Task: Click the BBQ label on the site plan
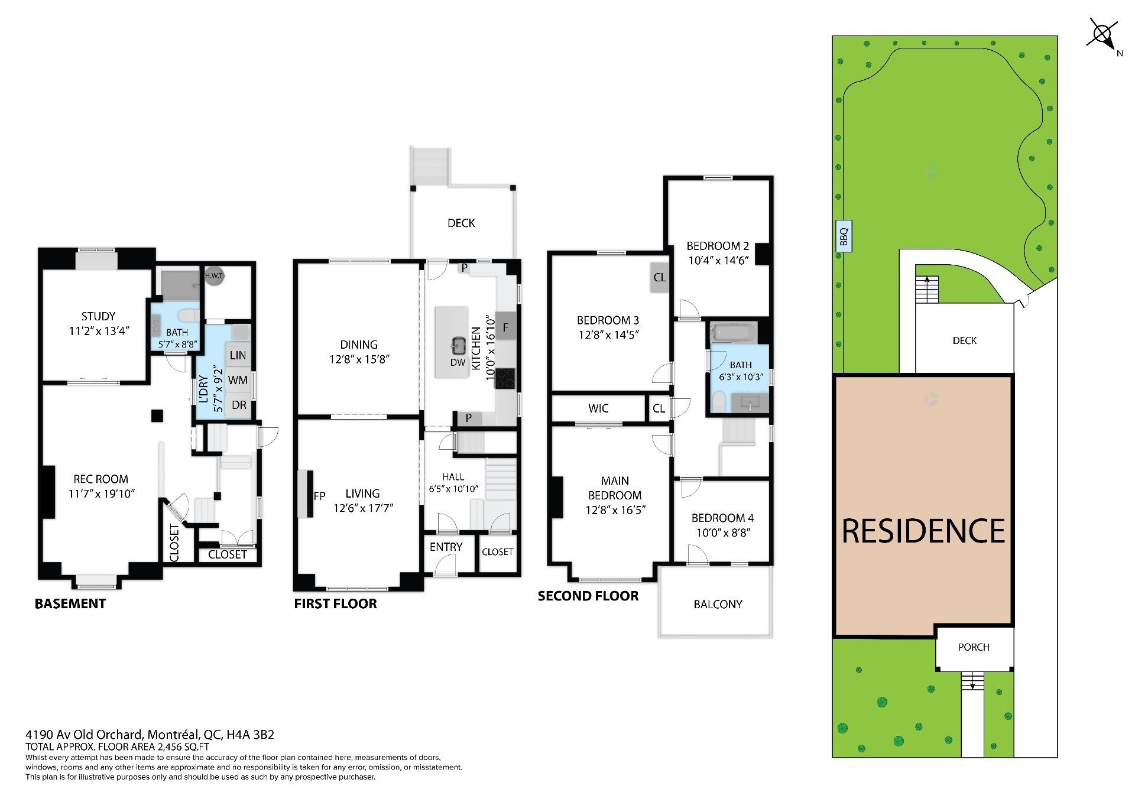(x=844, y=236)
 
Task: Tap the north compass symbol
(x=1103, y=35)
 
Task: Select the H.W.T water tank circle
(x=213, y=276)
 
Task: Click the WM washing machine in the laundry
(x=238, y=380)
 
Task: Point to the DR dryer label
(x=239, y=405)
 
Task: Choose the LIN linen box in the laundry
(x=238, y=355)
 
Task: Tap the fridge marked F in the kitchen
(x=505, y=326)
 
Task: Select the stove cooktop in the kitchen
(x=505, y=378)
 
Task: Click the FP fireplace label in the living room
(x=319, y=496)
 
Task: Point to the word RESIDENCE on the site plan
(x=923, y=531)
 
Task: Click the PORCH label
(x=974, y=647)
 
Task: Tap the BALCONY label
(x=718, y=604)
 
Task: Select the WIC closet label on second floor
(x=598, y=408)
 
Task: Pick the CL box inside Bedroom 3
(x=660, y=277)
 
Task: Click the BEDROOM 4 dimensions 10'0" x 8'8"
(x=723, y=532)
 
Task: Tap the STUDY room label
(x=98, y=317)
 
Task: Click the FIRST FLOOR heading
(x=335, y=603)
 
